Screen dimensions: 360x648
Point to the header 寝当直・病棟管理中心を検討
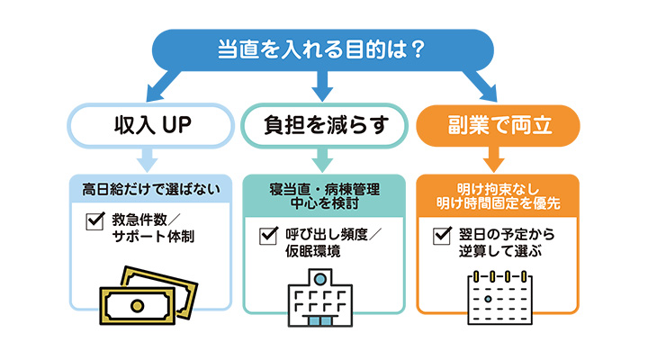click(325, 196)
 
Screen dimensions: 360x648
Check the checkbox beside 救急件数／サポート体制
click(94, 220)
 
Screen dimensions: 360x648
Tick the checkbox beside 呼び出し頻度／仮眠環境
click(267, 236)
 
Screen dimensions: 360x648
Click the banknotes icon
click(148, 290)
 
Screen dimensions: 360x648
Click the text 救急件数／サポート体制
click(153, 229)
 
